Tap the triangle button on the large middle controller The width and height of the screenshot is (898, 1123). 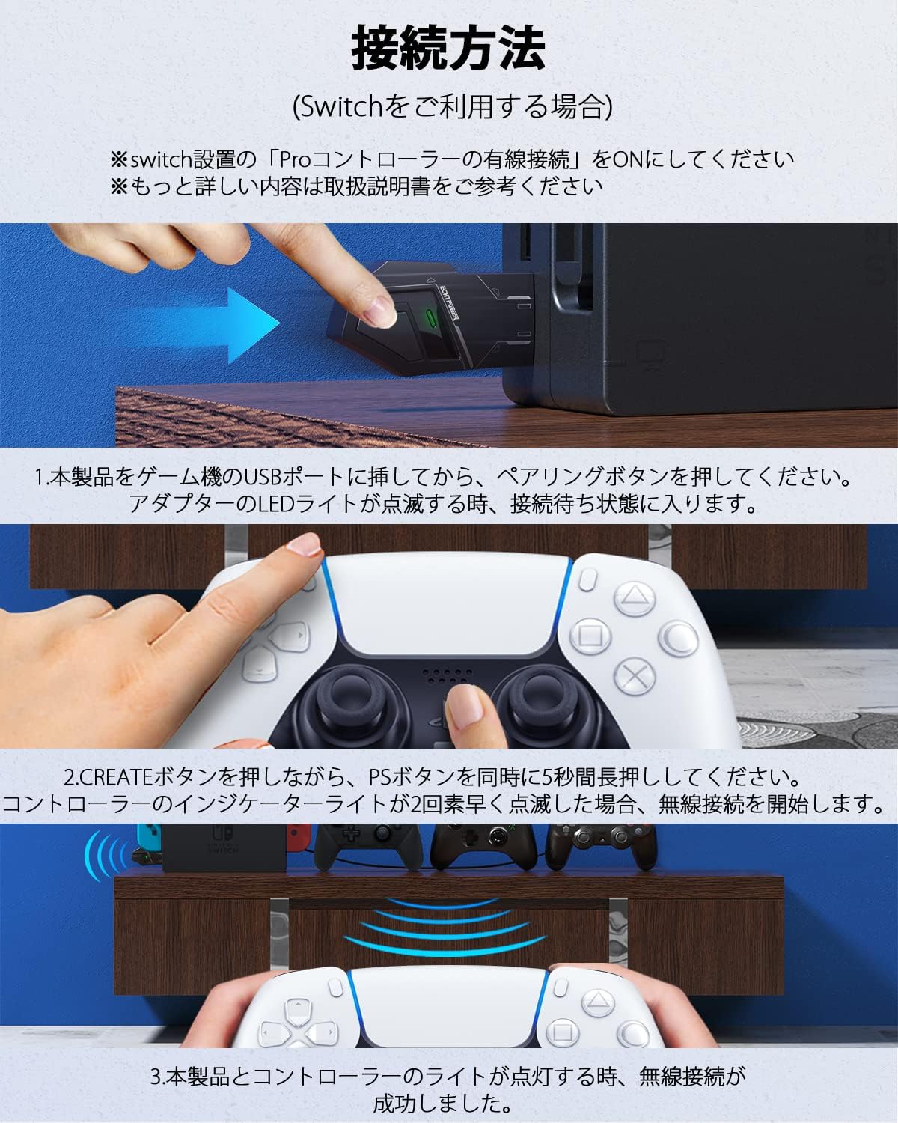click(x=635, y=598)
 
